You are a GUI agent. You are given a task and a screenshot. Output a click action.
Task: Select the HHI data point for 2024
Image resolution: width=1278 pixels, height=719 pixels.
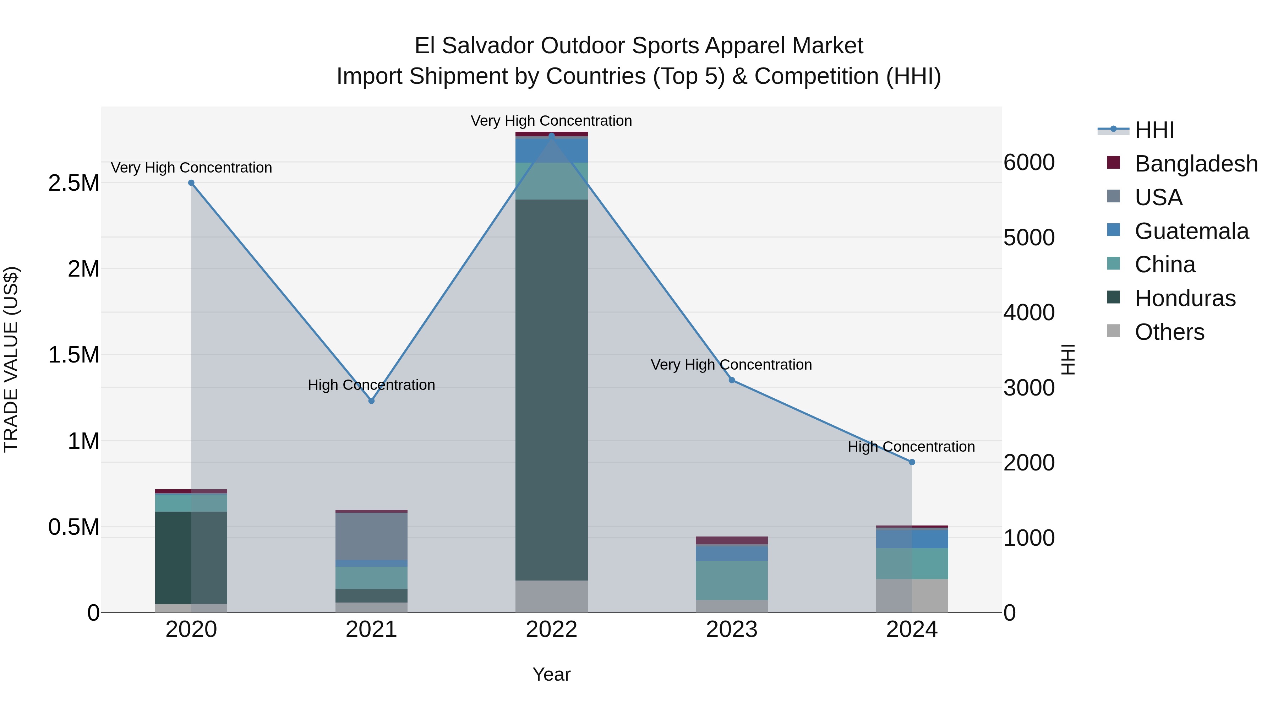912,462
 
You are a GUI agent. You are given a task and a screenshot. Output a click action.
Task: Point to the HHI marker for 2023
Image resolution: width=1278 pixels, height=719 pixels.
732,380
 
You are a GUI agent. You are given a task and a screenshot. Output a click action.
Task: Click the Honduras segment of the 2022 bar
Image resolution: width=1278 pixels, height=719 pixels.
551,390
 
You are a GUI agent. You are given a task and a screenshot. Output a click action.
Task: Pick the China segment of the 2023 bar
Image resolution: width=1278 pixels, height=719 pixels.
732,580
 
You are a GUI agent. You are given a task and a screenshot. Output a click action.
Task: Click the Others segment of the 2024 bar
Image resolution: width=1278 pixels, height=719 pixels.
912,595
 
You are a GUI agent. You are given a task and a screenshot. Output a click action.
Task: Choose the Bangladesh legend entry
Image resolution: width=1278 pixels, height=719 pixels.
1196,164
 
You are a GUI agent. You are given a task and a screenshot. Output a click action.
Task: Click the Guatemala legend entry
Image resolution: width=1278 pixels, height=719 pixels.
1191,231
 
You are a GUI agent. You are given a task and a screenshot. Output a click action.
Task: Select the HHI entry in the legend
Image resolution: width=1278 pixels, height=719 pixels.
1154,130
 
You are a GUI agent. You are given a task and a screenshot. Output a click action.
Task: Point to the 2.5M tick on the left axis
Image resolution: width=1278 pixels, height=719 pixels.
73,183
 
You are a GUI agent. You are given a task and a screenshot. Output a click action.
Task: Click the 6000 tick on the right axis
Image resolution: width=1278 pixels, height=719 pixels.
1029,162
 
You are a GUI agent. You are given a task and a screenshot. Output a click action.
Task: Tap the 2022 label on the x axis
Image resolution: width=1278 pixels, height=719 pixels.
551,630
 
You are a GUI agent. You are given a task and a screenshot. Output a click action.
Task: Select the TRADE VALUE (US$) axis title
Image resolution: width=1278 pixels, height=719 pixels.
11,359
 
